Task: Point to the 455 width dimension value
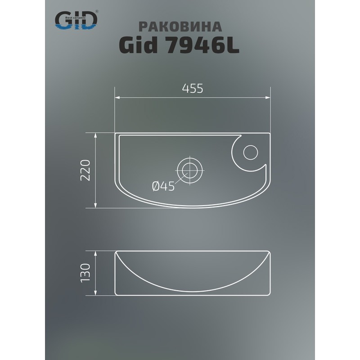pyautogui.click(x=193, y=89)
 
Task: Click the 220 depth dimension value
pyautogui.click(x=88, y=170)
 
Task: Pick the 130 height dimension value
pyautogui.click(x=88, y=273)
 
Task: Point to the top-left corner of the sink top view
pyautogui.click(x=116, y=134)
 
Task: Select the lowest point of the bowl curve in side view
pyautogui.click(x=193, y=288)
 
